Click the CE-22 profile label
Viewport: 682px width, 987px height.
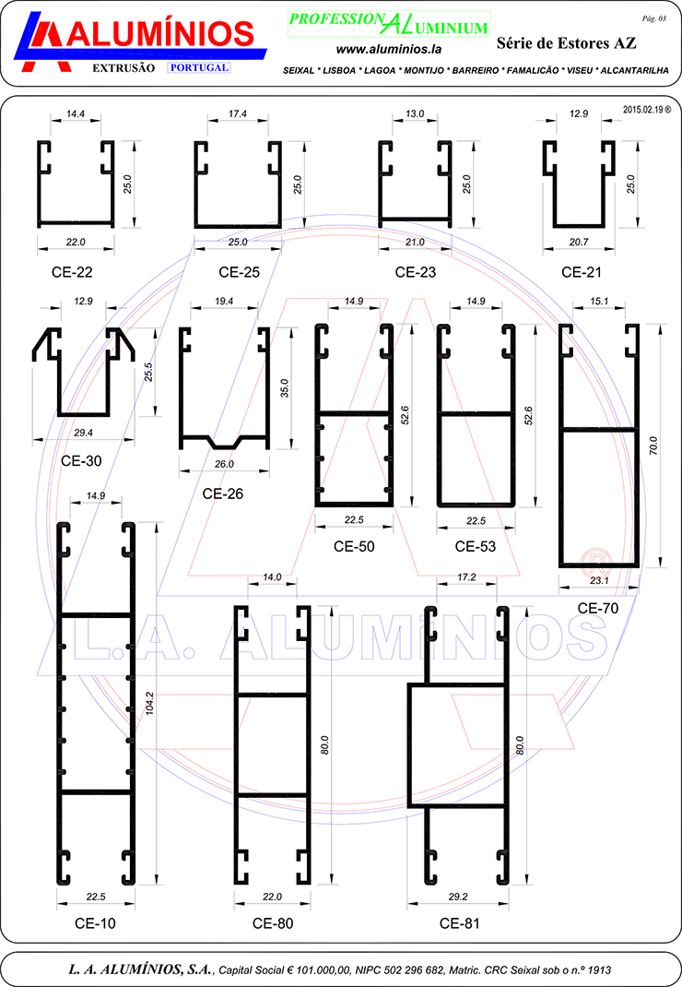72,272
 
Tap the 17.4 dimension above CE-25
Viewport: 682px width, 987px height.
238,114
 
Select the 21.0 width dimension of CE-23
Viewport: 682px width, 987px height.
416,242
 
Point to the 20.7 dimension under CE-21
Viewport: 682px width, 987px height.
579,242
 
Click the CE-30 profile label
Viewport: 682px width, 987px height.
81,461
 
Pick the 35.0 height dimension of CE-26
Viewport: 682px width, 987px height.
285,387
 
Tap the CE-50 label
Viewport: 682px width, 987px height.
354,546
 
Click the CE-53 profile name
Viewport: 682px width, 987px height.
476,546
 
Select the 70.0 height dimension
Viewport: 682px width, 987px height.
653,445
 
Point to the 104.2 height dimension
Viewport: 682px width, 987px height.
149,703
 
